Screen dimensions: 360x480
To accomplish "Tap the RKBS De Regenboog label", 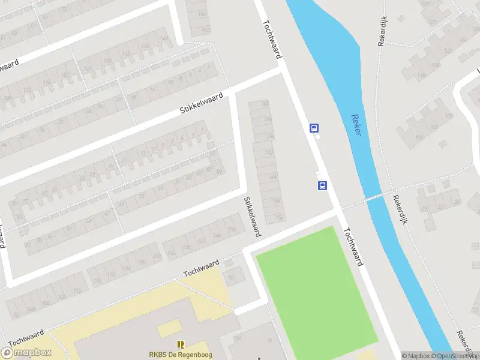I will click(x=180, y=355).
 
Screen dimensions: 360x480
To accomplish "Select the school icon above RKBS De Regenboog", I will click(x=180, y=344).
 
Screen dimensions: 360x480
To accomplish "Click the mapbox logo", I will click(x=26, y=353).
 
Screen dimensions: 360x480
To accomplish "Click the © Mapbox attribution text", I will click(x=415, y=356).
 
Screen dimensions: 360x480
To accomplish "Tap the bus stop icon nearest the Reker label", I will click(x=314, y=128).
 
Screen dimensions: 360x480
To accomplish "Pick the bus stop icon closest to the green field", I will click(x=322, y=185).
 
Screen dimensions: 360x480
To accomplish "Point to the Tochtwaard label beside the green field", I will click(x=354, y=247).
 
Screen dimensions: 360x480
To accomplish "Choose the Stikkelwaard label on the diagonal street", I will click(x=202, y=103).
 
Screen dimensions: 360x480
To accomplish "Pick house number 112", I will click(x=77, y=290).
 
